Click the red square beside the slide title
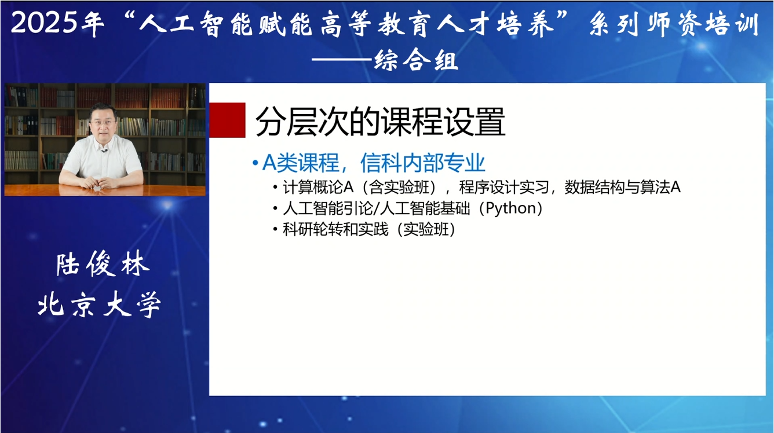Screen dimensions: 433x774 pyautogui.click(x=227, y=120)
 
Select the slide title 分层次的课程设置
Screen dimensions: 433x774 pyautogui.click(x=380, y=122)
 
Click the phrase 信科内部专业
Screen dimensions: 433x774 pyautogui.click(x=422, y=164)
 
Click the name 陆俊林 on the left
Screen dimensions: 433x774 pyautogui.click(x=103, y=265)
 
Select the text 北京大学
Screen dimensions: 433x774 pyautogui.click(x=99, y=304)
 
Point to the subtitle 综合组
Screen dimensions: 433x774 pyautogui.click(x=416, y=60)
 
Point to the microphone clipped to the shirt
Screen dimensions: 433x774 pyautogui.click(x=104, y=151)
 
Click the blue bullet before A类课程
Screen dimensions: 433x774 pyautogui.click(x=255, y=164)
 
